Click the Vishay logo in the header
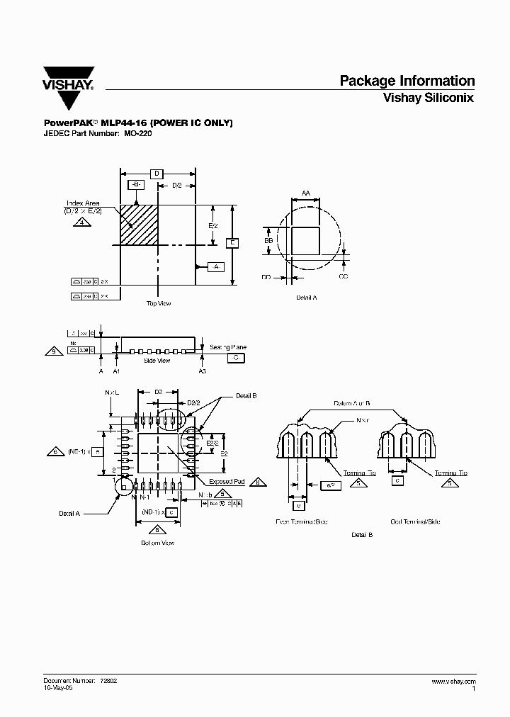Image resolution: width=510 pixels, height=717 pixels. coord(68,79)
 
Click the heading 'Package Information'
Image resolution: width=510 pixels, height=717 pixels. coord(407,81)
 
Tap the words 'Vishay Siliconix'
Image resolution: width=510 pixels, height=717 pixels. coord(428,98)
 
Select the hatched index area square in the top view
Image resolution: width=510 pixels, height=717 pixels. coord(139,225)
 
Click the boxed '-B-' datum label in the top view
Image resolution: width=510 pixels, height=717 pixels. coord(135,185)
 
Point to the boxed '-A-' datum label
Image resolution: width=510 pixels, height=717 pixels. coord(215,266)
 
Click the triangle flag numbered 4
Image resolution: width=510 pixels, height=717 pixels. coord(83,222)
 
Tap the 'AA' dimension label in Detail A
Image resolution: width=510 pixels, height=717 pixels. coord(306,193)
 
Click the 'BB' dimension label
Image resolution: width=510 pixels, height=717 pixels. coord(268,241)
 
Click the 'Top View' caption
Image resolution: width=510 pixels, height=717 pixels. coord(159,303)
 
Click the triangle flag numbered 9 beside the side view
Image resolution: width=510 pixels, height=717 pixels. coord(52,350)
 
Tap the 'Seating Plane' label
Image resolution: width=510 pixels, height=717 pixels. coord(228,347)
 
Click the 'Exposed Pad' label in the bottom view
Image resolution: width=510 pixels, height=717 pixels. coord(227,482)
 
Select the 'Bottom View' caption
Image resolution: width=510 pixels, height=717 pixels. coord(157,543)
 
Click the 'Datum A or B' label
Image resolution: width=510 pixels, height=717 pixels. coord(352,402)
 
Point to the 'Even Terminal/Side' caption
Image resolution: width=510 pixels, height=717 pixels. coord(302,521)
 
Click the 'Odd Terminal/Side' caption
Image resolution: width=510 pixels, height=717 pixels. coord(415,521)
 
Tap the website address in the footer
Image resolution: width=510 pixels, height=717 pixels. coord(453,680)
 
